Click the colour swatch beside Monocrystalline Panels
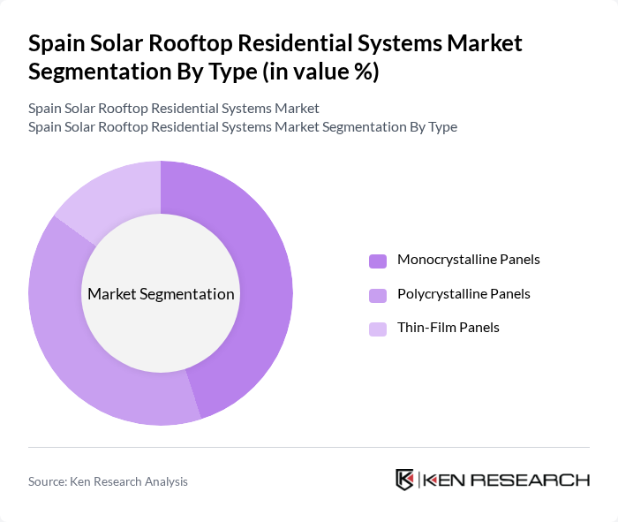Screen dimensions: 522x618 378,261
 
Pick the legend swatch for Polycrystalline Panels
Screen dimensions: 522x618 378,294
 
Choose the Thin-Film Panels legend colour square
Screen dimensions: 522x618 378,329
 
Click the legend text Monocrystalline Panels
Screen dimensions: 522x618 468,260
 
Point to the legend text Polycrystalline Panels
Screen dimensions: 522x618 463,293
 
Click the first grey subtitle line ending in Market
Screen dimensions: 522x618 173,109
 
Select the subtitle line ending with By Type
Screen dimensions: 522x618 242,126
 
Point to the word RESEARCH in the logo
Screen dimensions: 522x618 539,480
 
